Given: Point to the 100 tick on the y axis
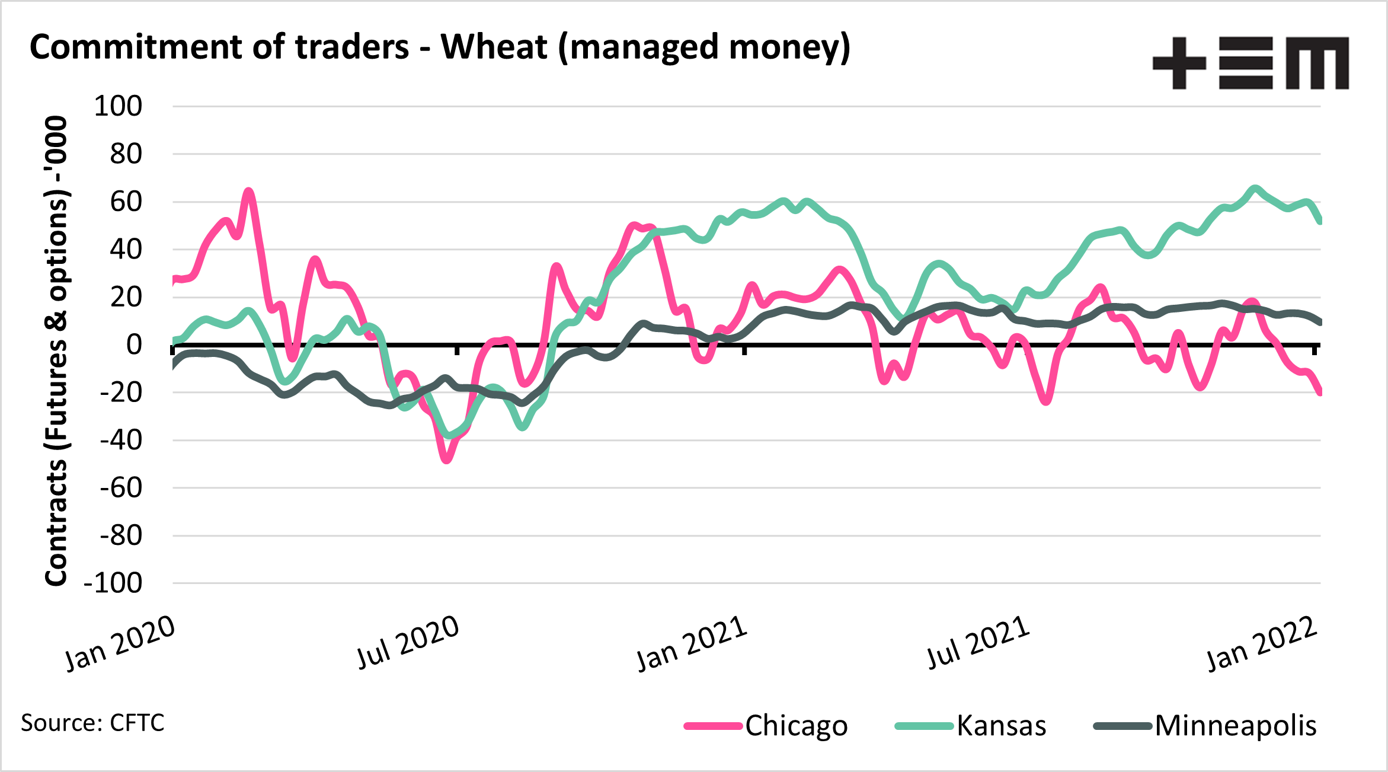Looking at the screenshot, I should pos(118,107).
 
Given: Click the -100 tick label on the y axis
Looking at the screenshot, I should pos(113,583).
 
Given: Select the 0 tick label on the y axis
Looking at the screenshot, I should pos(134,344).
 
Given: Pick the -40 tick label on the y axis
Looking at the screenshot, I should pos(121,441).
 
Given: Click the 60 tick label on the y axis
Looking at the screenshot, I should pos(126,202).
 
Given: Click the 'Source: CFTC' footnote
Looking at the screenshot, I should pos(92,723).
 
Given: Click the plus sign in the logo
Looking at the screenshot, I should pos(1179,63).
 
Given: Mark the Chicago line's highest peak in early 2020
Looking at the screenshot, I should pos(249,192).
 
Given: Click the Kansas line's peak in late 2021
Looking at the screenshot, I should pos(1254,189).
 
